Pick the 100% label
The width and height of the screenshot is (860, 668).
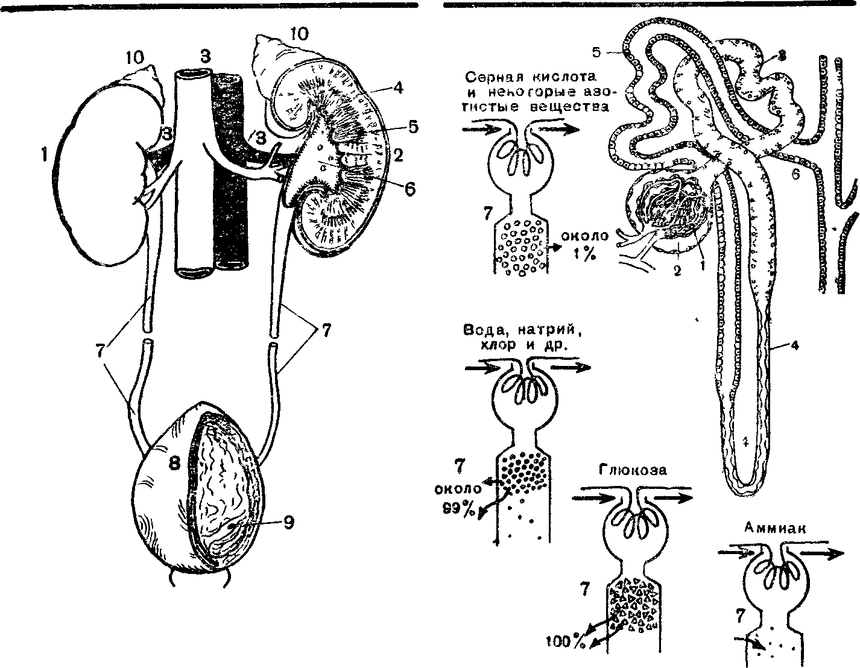566,642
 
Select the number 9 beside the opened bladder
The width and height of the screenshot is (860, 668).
289,523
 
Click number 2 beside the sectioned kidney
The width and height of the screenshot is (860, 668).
398,156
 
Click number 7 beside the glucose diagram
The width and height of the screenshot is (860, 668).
583,589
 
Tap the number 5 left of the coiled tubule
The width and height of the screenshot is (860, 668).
596,52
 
